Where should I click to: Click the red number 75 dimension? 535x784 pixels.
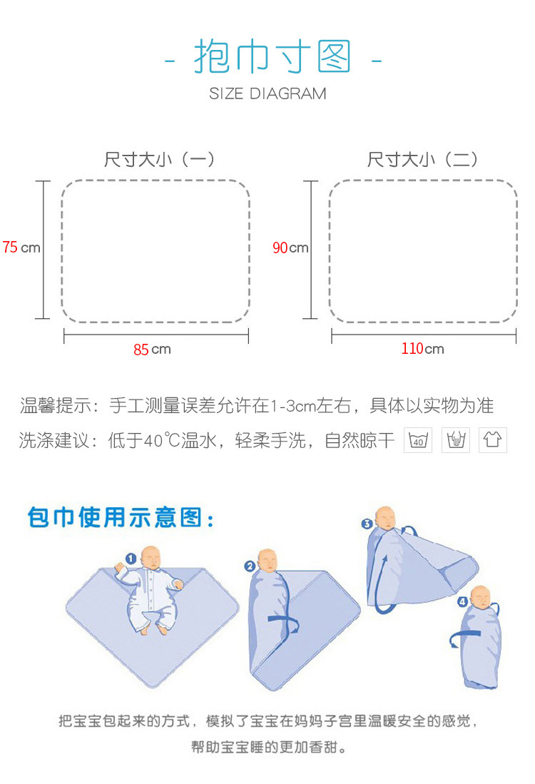(x=10, y=248)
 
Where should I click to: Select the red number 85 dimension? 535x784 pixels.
(x=141, y=350)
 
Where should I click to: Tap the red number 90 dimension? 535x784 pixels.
(x=280, y=248)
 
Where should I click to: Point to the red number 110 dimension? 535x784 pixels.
(x=412, y=349)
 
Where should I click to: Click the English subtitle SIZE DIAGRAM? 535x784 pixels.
(x=267, y=93)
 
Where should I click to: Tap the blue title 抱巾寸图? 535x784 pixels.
(x=273, y=58)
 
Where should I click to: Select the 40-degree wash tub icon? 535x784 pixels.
(x=419, y=440)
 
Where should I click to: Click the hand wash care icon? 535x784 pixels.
(x=456, y=440)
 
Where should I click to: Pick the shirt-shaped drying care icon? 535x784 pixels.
(x=492, y=440)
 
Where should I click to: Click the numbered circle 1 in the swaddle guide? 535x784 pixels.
(x=131, y=559)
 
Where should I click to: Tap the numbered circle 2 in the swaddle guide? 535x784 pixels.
(x=250, y=567)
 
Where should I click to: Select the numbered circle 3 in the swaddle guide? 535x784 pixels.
(x=367, y=524)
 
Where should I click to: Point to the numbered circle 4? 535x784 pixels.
(x=463, y=602)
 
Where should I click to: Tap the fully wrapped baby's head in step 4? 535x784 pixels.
(x=481, y=597)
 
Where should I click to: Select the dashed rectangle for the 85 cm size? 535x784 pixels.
(x=156, y=251)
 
